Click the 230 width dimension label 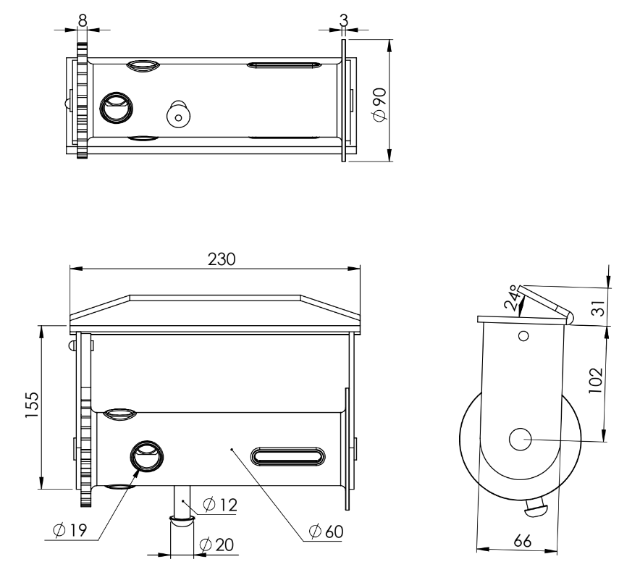coord(222,259)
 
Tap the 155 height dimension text coord(32,405)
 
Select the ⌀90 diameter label coord(379,104)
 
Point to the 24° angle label coord(513,298)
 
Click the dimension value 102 coord(596,381)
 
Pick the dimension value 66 coord(523,541)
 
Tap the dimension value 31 coord(598,309)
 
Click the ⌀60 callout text coord(326,532)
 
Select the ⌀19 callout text coord(70,530)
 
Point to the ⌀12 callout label coord(220,505)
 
